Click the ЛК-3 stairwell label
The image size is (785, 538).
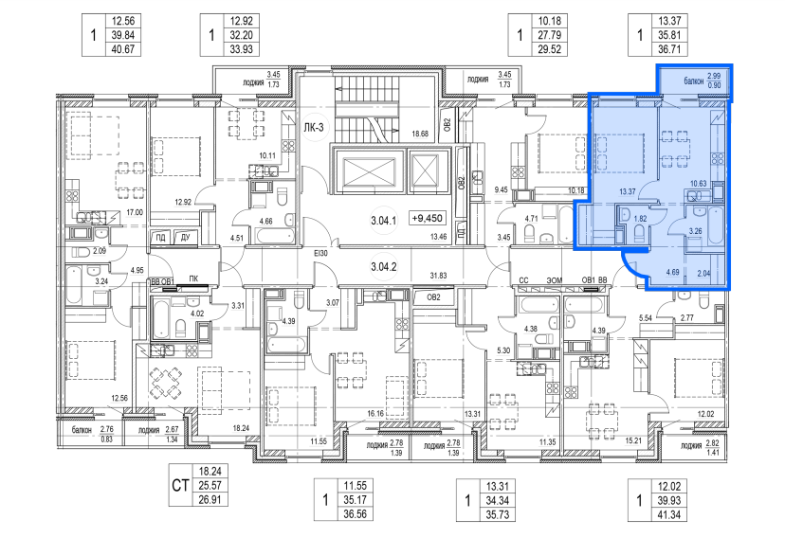pos(314,128)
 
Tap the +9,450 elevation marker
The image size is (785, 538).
pos(427,218)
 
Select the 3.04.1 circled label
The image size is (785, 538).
pos(383,220)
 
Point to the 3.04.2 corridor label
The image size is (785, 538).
pos(383,267)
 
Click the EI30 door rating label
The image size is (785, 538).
pos(320,254)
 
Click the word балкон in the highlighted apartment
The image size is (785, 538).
pos(693,81)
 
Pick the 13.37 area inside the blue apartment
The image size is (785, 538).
pos(627,191)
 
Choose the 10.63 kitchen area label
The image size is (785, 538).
pos(698,184)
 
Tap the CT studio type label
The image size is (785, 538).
pos(180,485)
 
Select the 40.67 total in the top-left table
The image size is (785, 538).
pos(122,49)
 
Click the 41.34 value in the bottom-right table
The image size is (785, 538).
pos(668,514)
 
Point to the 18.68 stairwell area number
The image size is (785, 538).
pos(420,134)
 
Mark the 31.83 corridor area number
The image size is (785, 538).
pos(438,275)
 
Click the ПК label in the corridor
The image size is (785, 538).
pos(193,278)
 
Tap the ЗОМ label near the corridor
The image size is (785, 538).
pos(555,280)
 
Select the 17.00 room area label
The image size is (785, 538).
pos(135,212)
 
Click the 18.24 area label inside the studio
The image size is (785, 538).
pos(241,428)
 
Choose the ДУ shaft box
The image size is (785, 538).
pos(185,237)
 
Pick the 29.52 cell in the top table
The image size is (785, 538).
pos(549,49)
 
